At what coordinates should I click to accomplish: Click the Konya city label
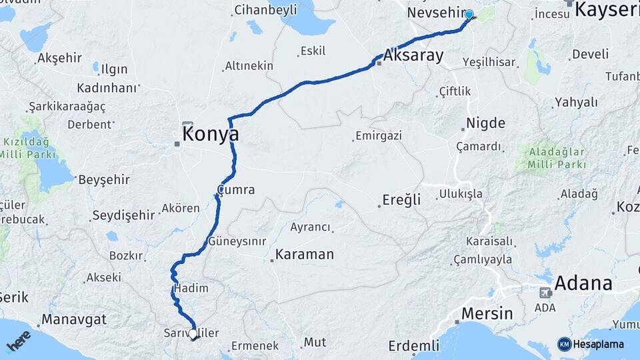click(211, 133)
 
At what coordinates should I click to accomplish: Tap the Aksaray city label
click(413, 55)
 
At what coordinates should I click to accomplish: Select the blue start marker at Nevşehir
click(469, 15)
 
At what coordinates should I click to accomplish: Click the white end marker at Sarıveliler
click(193, 333)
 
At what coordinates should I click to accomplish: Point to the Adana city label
click(583, 283)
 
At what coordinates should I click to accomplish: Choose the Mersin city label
click(487, 313)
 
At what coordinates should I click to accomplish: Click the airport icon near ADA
click(545, 293)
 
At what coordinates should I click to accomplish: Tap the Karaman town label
click(304, 255)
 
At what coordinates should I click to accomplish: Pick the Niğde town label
click(485, 123)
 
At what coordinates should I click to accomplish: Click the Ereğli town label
click(402, 200)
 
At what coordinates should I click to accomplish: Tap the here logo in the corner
click(19, 342)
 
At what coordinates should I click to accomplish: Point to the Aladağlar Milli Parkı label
click(557, 157)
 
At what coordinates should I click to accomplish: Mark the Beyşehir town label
click(104, 180)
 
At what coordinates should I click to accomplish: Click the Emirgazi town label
click(379, 136)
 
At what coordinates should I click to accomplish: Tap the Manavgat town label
click(74, 319)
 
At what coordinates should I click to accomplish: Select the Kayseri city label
click(607, 9)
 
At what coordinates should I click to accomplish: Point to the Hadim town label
click(191, 289)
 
